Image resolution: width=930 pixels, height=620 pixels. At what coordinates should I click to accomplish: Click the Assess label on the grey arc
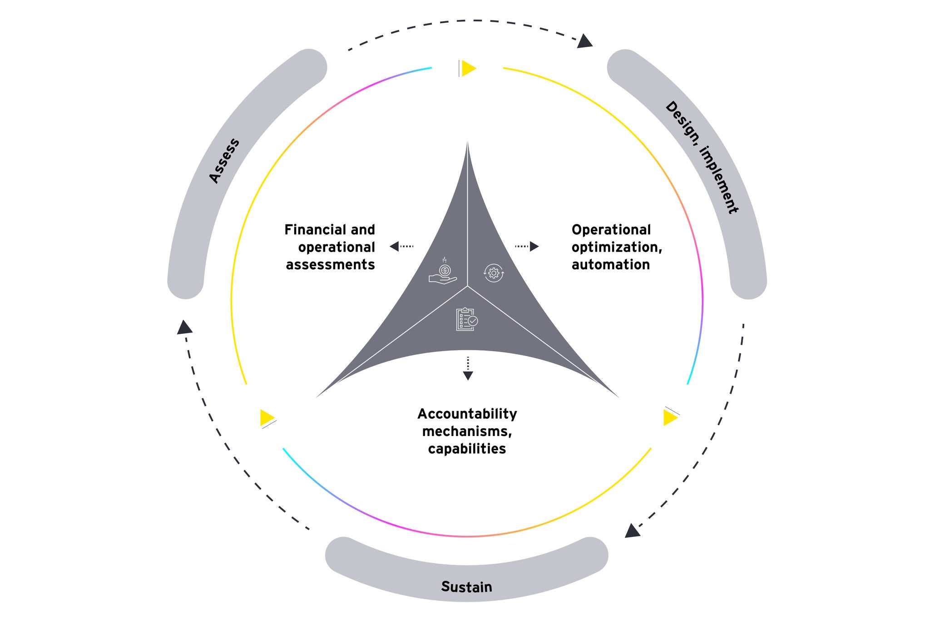[224, 161]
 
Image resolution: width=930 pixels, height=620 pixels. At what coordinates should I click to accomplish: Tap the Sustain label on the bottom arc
[466, 586]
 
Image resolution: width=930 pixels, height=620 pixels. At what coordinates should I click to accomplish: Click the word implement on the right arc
[719, 179]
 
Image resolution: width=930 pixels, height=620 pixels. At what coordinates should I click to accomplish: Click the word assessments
[330, 264]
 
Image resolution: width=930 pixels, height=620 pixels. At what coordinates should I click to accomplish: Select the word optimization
[616, 247]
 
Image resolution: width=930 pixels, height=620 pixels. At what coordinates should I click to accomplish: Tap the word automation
[610, 264]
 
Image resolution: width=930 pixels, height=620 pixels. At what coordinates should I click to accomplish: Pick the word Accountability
[467, 414]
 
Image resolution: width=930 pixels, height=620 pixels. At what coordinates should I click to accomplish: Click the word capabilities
[467, 449]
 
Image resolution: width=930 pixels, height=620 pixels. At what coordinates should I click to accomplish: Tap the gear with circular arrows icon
[494, 273]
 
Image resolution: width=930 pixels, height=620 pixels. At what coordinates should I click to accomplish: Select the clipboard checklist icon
[466, 319]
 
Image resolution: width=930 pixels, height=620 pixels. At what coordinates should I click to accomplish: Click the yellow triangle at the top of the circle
[468, 68]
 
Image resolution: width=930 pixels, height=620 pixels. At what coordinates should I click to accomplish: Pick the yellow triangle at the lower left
[267, 417]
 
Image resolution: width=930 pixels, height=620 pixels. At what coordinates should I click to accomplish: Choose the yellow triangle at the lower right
[670, 417]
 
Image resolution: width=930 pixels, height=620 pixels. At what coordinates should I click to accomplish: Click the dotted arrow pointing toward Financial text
[401, 246]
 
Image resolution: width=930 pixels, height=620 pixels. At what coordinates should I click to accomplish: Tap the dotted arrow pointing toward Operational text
[527, 246]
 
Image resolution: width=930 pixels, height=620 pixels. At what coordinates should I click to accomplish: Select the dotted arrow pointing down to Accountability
[468, 368]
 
